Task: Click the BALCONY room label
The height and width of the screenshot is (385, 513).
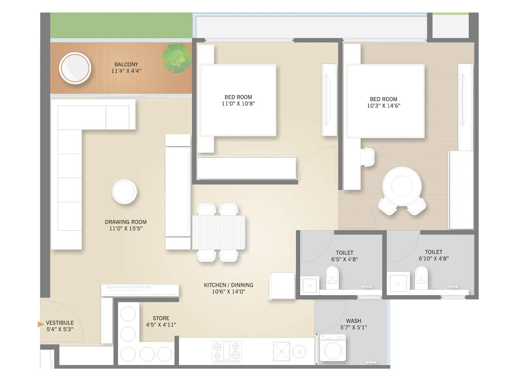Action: pyautogui.click(x=126, y=64)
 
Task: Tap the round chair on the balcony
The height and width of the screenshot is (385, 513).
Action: pyautogui.click(x=75, y=68)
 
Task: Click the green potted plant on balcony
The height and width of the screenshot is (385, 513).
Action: pyautogui.click(x=176, y=58)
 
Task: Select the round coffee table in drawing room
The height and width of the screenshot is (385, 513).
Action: pyautogui.click(x=124, y=192)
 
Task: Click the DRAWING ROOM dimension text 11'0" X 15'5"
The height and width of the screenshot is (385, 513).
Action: pyautogui.click(x=126, y=228)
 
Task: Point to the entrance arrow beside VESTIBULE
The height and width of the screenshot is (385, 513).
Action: pyautogui.click(x=41, y=324)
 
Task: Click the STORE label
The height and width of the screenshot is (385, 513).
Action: pyautogui.click(x=161, y=318)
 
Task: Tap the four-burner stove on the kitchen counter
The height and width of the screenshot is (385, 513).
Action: pyautogui.click(x=226, y=351)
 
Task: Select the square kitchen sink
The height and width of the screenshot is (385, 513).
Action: pyautogui.click(x=281, y=351)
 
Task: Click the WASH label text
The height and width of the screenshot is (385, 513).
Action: pyautogui.click(x=353, y=321)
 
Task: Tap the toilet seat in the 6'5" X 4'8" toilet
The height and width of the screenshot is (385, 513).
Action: pyautogui.click(x=332, y=277)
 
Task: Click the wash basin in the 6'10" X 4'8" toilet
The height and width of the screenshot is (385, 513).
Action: pyautogui.click(x=398, y=283)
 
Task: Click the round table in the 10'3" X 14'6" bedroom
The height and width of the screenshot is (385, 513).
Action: pyautogui.click(x=402, y=186)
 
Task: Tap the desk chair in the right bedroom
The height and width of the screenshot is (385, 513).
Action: pyautogui.click(x=367, y=157)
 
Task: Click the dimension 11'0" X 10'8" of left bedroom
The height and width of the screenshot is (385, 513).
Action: pyautogui.click(x=238, y=104)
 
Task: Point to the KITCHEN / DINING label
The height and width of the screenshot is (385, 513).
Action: pyautogui.click(x=228, y=285)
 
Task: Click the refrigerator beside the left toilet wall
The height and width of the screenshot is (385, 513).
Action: pyautogui.click(x=282, y=286)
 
